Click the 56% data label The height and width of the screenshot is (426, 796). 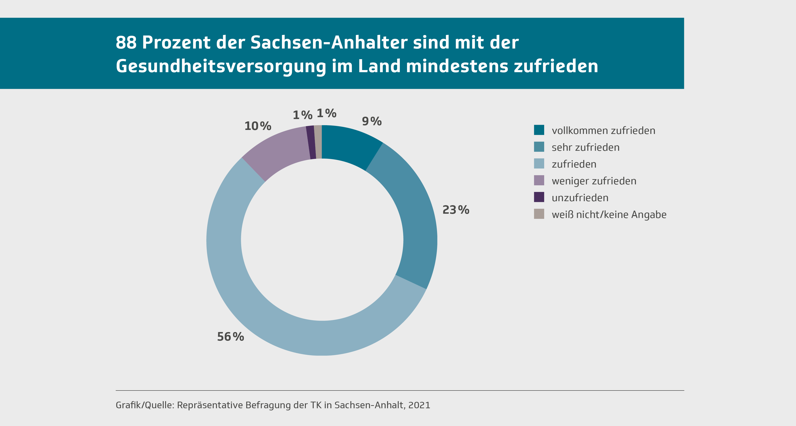coord(231,337)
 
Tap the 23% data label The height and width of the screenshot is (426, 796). coord(456,210)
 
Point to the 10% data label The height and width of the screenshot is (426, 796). coord(258,126)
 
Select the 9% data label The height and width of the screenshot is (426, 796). coord(372,121)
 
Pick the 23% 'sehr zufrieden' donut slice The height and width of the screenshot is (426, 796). coord(411,216)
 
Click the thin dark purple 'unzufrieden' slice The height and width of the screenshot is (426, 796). coord(311,143)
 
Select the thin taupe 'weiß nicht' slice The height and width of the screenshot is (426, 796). coord(318,142)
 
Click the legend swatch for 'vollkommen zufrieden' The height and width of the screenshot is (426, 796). coord(539,130)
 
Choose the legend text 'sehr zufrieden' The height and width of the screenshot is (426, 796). coord(586,147)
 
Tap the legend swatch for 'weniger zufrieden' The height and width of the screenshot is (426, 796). coord(539,180)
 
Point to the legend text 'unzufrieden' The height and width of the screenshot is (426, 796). coord(580,198)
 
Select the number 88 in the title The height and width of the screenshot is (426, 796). coord(126,42)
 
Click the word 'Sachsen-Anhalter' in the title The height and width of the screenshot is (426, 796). coord(329,42)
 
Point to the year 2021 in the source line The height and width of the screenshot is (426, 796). coord(419,405)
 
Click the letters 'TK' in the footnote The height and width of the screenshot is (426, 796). coord(316,405)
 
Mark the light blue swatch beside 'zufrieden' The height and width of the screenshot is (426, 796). coord(539,164)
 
